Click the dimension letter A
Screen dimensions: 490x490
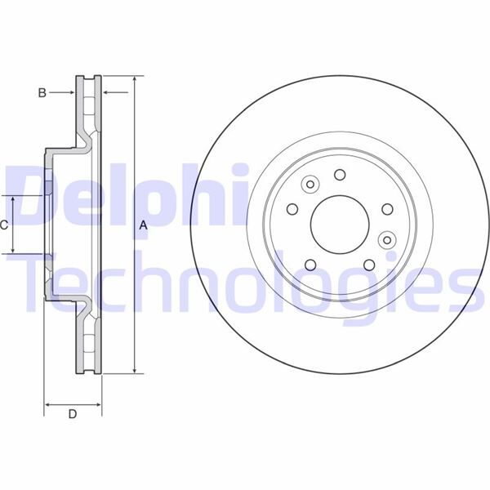[x=143, y=225]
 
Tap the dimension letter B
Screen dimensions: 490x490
[x=42, y=93]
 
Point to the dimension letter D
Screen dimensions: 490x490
[x=72, y=414]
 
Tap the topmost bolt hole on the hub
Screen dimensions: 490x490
[x=339, y=174]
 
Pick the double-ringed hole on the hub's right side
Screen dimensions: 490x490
[x=388, y=239]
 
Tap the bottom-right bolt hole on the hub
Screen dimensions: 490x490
[x=369, y=264]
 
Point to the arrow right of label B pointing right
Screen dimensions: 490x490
[x=71, y=93]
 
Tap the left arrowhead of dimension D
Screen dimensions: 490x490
[x=47, y=403]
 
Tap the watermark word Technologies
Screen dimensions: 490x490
[x=245, y=282]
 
